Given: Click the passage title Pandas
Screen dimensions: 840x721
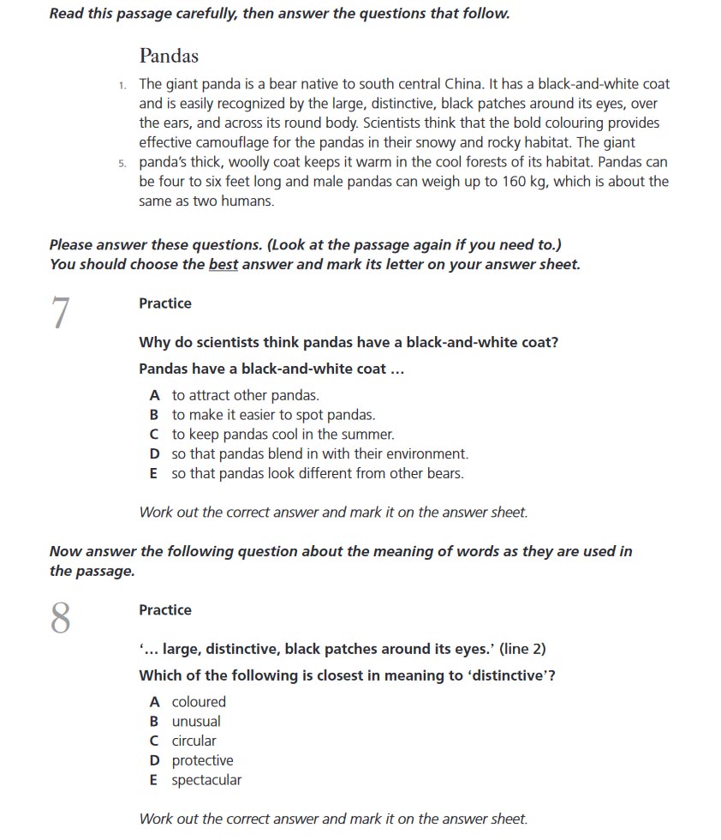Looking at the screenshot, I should [169, 57].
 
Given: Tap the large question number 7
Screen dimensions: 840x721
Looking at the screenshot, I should [60, 314].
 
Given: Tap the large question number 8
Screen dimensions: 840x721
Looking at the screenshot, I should [60, 618].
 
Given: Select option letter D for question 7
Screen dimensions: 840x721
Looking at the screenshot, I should [154, 454].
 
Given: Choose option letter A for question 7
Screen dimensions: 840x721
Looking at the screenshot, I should [154, 396].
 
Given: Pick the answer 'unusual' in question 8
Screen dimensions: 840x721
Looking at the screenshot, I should [196, 722].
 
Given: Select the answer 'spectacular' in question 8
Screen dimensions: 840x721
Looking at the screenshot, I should [206, 780].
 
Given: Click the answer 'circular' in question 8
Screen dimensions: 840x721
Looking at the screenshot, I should [194, 741].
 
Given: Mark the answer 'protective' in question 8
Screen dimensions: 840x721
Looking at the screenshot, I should [202, 761].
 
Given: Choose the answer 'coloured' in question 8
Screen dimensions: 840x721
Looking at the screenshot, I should [199, 702].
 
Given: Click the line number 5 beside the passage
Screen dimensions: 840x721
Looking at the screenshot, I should [123, 163].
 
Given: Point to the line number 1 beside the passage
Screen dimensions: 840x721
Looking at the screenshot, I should [123, 85].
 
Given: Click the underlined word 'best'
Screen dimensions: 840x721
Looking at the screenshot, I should [223, 265].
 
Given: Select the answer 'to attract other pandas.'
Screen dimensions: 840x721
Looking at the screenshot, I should [245, 396].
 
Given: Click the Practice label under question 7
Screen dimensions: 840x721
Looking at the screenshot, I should [165, 303].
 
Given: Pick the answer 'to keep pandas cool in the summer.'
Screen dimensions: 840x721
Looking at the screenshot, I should [283, 435].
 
